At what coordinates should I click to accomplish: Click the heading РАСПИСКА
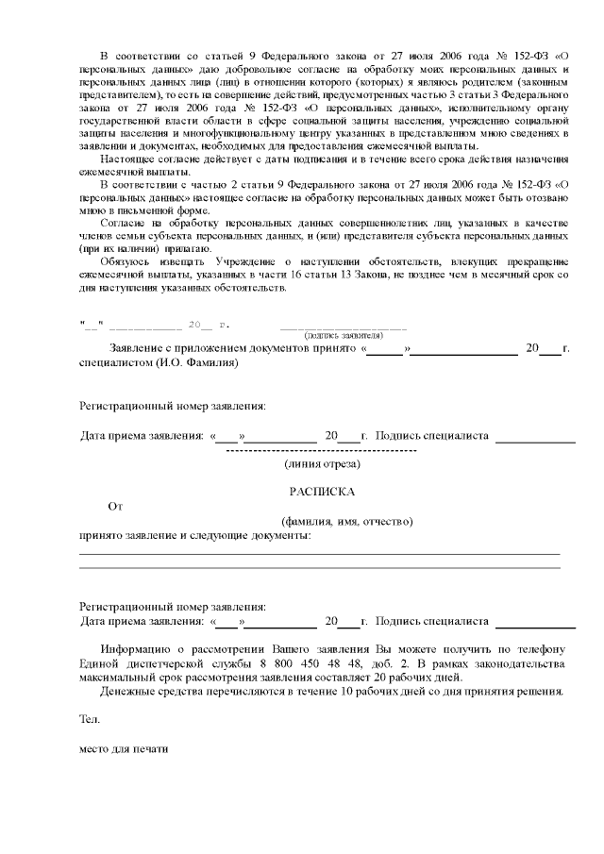pos(322,492)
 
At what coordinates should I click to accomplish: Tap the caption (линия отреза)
pos(322,463)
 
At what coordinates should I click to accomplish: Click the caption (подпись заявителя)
pos(343,335)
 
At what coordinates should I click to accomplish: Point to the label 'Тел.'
pos(89,719)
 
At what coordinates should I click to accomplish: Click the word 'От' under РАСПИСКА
pos(115,507)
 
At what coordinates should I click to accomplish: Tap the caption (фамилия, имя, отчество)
pos(347,522)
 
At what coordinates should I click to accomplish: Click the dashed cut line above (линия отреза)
pos(322,451)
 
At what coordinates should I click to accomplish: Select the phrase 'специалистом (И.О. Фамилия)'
pos(159,361)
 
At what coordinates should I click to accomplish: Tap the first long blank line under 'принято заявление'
pos(319,553)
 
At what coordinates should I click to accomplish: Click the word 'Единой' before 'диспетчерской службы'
pos(101,664)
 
